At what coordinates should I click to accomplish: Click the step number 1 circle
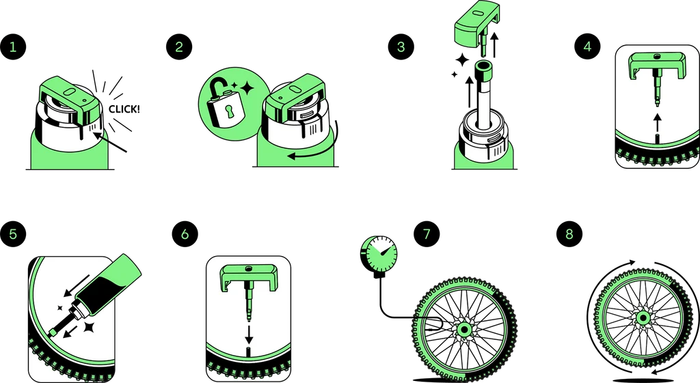[x=13, y=47]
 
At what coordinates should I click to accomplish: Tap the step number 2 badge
[x=179, y=47]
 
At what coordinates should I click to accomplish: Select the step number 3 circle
[x=401, y=47]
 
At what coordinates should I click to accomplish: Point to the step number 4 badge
[x=587, y=47]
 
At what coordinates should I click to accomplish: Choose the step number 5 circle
[x=13, y=234]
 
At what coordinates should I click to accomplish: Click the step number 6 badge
[x=185, y=234]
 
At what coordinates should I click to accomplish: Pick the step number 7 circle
[x=427, y=234]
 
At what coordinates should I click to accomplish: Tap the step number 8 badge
[x=569, y=234]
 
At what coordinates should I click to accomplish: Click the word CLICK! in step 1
[x=124, y=109]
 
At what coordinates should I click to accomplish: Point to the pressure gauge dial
[x=379, y=253]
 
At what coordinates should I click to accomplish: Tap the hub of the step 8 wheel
[x=643, y=318]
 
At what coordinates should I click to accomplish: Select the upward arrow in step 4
[x=656, y=123]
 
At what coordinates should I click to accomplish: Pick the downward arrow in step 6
[x=249, y=335]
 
